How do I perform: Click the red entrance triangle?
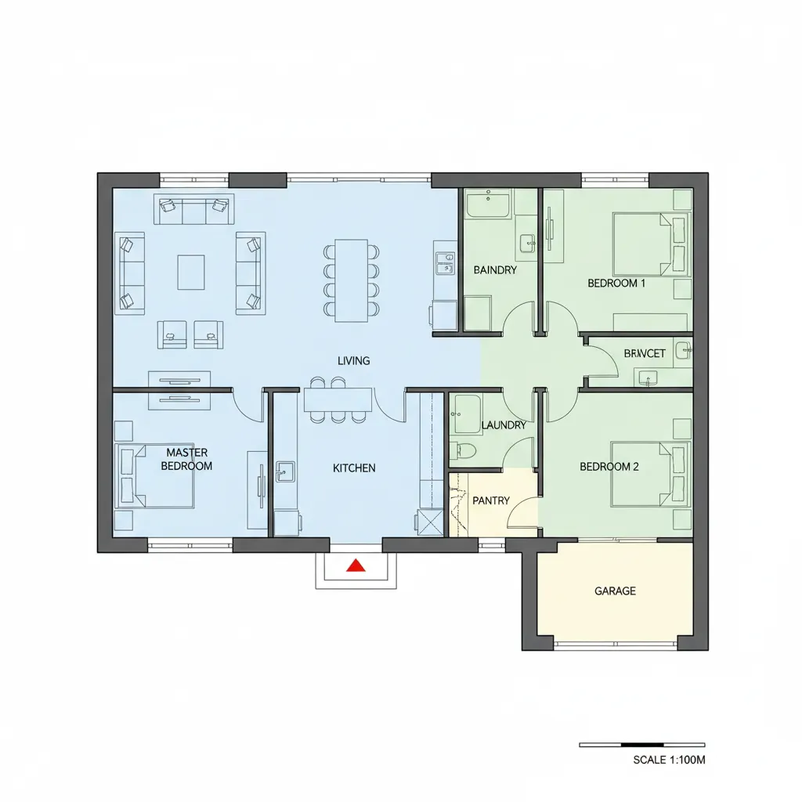point(356,565)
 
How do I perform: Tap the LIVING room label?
point(353,361)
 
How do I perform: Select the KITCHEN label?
point(354,468)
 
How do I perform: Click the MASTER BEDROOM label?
point(186,459)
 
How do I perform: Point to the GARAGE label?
point(615,591)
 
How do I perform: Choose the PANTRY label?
point(491,500)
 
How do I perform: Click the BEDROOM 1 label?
point(616,284)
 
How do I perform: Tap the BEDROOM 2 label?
point(609,467)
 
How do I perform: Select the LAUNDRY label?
point(504,425)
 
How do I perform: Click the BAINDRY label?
point(495,270)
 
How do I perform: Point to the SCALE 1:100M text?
point(669,760)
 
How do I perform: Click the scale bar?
point(642,745)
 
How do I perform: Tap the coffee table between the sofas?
point(191,272)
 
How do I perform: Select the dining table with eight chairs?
point(352,280)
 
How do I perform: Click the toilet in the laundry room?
point(464,450)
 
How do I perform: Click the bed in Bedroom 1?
point(651,244)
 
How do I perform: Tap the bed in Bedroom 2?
point(650,475)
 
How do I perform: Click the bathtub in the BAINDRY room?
point(488,204)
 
